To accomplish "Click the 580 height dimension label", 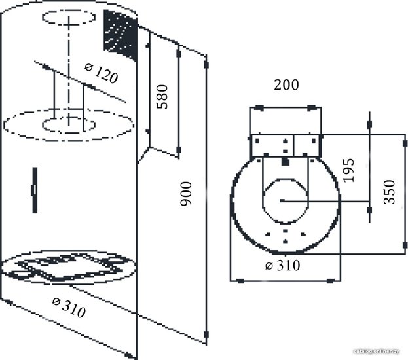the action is click(162, 96).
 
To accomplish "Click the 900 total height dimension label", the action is click(186, 194).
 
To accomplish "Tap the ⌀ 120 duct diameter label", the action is click(102, 73).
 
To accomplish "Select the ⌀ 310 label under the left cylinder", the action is click(69, 308).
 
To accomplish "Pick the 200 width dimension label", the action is click(286, 85).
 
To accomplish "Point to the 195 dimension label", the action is click(348, 170).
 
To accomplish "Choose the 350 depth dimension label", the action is click(390, 192).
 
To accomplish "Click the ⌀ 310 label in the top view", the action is click(282, 265).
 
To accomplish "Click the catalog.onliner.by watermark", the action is click(377, 351).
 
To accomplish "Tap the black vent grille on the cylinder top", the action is click(121, 35).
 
